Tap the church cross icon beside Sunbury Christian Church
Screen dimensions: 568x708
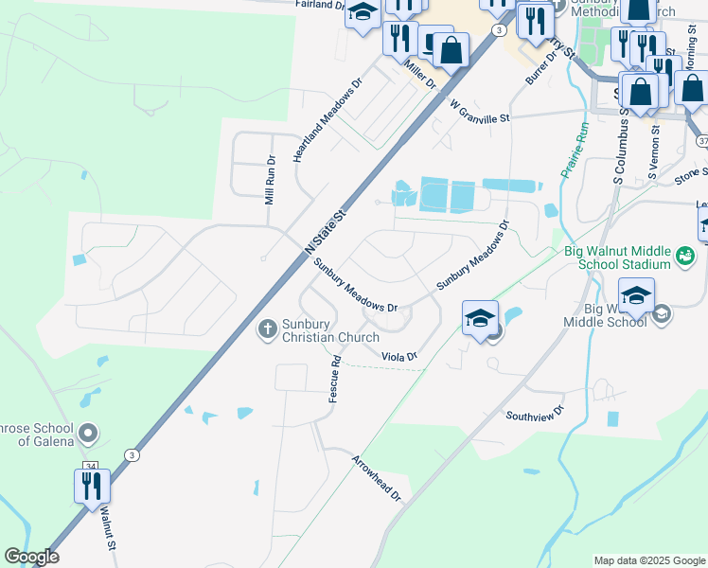(x=267, y=328)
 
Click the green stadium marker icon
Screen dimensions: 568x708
(x=685, y=255)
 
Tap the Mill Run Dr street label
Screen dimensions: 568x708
(x=271, y=182)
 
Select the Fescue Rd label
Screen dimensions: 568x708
(x=334, y=379)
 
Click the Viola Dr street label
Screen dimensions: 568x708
(x=399, y=356)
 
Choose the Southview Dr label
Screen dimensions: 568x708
(x=534, y=415)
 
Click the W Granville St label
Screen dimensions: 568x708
(x=480, y=111)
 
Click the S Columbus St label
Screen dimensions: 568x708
(x=620, y=143)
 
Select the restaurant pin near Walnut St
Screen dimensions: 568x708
(x=93, y=485)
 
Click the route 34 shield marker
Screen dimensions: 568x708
(x=90, y=466)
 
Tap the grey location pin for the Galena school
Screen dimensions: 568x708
(x=88, y=434)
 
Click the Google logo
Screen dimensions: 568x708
(x=31, y=557)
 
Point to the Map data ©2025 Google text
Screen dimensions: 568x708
(x=648, y=560)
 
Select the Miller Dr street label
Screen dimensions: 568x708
(x=418, y=75)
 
